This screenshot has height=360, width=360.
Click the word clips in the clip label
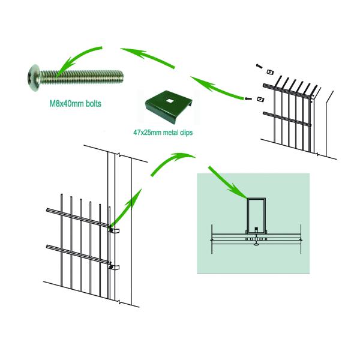188,129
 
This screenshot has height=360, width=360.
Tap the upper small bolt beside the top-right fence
257,65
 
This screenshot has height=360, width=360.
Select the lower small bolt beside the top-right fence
245,98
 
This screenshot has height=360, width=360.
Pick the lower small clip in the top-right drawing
259,98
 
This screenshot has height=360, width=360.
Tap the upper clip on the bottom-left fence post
114,230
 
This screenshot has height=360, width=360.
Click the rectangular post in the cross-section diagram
257,213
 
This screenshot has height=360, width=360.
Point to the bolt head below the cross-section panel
257,242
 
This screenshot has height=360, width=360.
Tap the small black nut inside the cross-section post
257,229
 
